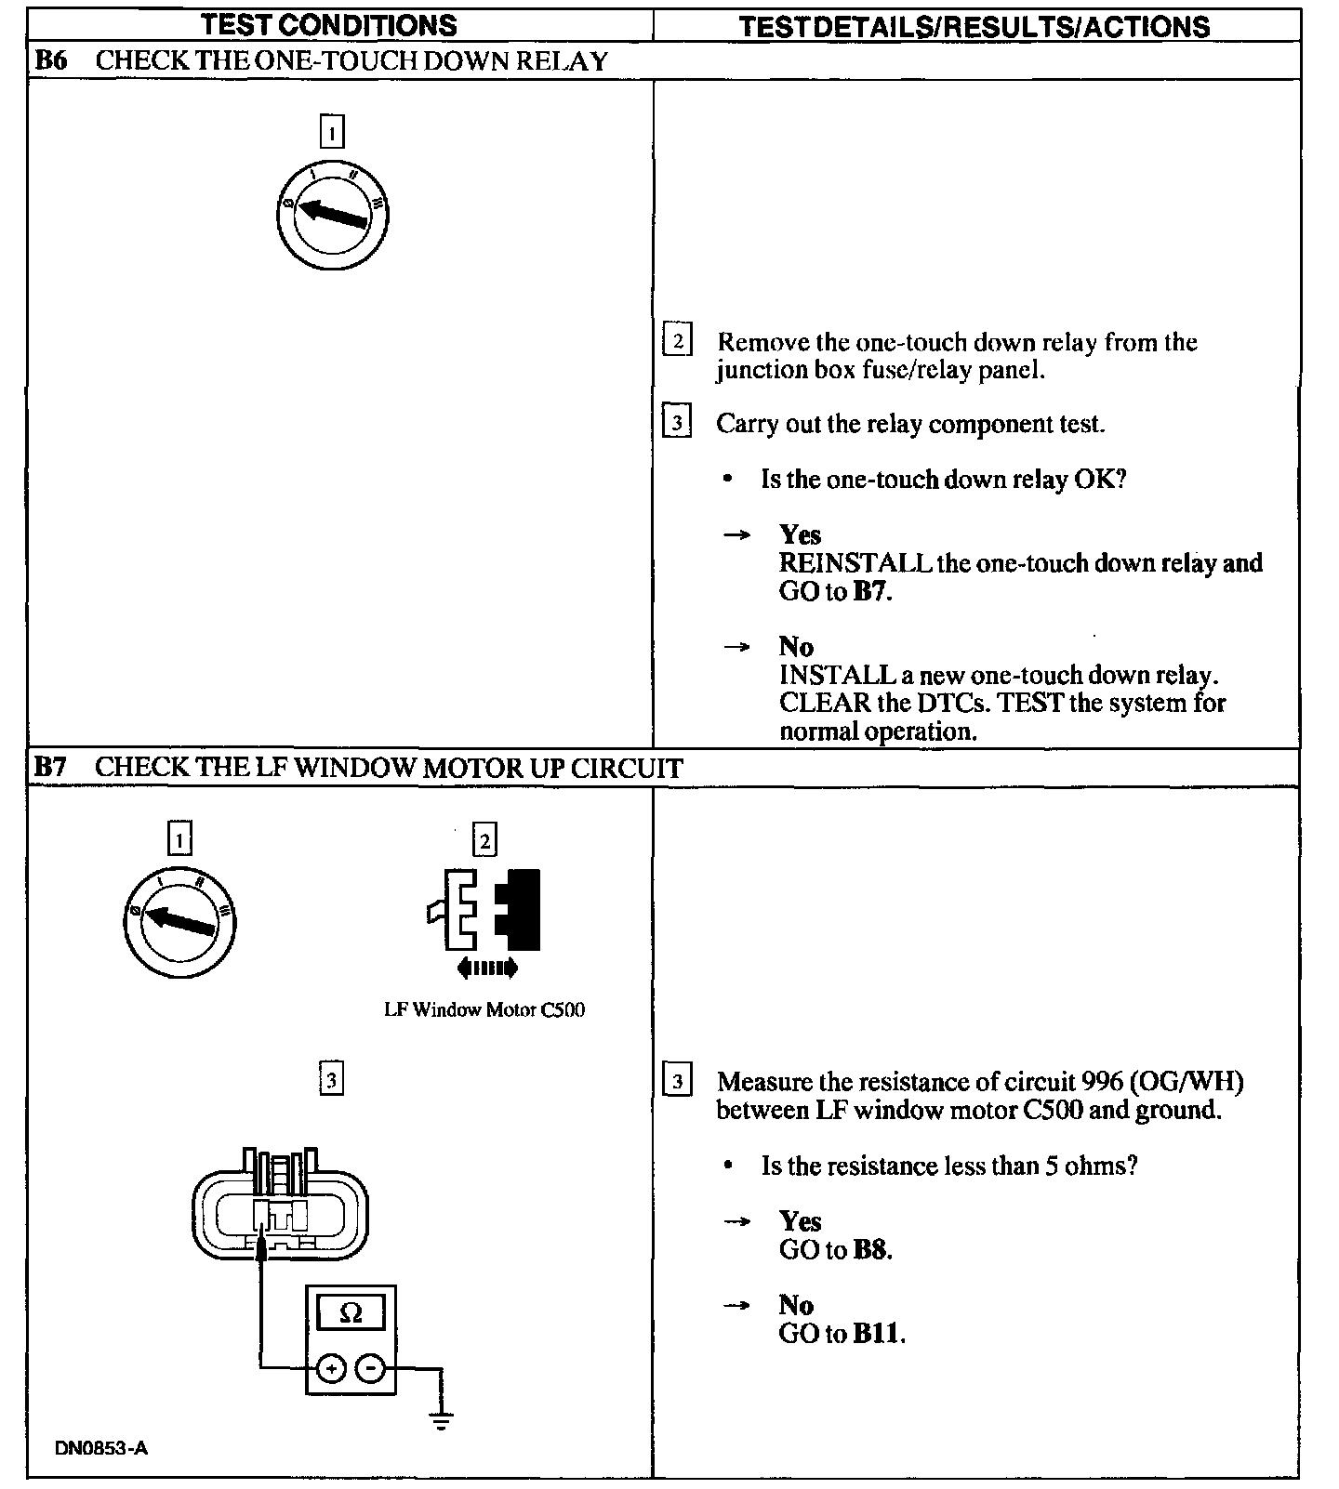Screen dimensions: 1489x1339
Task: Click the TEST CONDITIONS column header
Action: click(329, 25)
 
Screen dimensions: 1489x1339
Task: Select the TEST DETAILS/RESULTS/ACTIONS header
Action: click(974, 26)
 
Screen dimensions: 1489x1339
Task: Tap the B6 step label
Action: click(51, 61)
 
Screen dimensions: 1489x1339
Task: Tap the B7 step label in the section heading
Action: click(51, 768)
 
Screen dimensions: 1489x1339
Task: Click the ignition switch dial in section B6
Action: click(332, 216)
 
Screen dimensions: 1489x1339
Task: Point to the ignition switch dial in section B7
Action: click(179, 920)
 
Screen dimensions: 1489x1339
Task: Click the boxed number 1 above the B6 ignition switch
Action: click(332, 131)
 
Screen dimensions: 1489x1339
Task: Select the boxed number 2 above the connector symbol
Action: click(484, 840)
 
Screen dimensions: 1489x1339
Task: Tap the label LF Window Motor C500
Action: click(484, 1009)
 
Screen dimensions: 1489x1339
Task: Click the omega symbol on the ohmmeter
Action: click(351, 1312)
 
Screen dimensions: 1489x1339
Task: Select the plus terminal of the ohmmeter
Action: click(332, 1368)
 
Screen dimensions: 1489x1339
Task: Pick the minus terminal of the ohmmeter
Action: click(371, 1368)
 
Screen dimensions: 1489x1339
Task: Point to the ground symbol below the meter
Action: click(441, 1420)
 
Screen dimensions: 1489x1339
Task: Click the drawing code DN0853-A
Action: click(101, 1448)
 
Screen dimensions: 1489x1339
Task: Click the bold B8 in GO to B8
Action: click(871, 1250)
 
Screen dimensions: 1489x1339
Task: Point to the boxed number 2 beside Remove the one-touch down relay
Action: click(677, 341)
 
